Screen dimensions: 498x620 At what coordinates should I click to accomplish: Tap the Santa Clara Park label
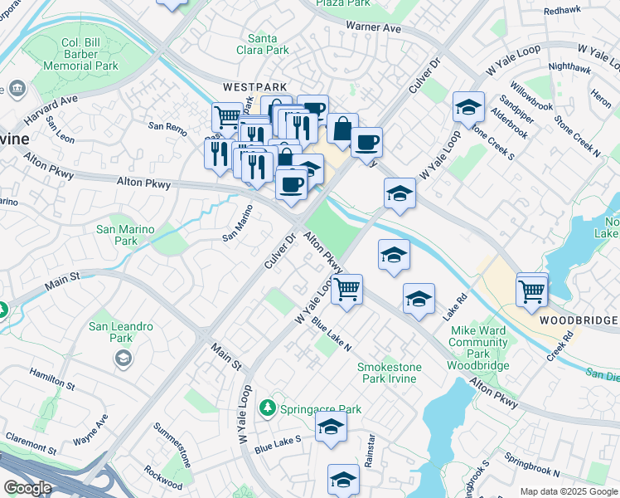click(269, 44)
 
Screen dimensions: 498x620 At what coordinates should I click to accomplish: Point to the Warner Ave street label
click(375, 27)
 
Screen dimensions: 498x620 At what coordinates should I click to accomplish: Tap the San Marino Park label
click(125, 235)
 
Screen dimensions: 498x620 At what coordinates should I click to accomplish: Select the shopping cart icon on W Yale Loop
click(347, 290)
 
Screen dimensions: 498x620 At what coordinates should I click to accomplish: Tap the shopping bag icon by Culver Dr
click(341, 129)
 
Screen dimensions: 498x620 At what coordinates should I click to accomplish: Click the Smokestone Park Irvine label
click(389, 373)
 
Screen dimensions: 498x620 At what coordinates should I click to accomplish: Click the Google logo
click(27, 488)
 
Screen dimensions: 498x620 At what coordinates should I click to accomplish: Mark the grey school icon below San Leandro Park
click(123, 358)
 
